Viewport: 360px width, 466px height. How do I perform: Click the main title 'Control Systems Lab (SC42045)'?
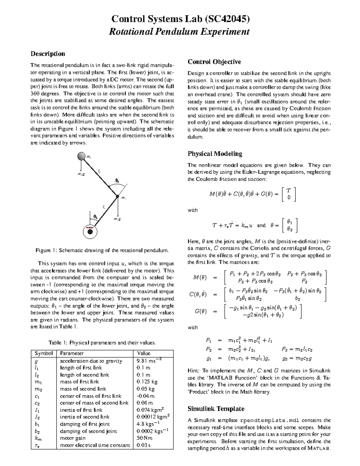coord(180,19)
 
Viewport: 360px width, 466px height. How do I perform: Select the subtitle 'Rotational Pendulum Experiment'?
coord(179,32)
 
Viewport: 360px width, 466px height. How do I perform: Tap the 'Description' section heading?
coord(48,54)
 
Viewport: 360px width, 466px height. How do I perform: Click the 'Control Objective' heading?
coord(214,62)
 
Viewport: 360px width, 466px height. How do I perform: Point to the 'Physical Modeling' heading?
coord(215,154)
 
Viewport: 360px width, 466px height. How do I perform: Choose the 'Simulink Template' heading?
coord(216,409)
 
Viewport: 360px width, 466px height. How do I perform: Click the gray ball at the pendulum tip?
coord(81,156)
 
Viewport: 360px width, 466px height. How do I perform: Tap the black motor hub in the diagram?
coord(90,232)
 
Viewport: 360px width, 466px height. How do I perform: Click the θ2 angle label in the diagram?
coord(117,181)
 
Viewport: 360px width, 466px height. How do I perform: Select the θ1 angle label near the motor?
coord(95,216)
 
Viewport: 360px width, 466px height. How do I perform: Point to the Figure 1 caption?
coord(102,250)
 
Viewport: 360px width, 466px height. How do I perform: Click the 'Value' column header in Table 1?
coord(143,353)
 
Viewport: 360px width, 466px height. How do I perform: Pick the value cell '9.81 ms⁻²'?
coord(149,361)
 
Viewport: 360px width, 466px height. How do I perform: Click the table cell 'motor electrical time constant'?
coord(95,445)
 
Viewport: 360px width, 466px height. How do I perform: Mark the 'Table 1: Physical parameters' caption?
coord(102,343)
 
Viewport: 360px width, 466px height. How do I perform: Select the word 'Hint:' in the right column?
coord(194,371)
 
